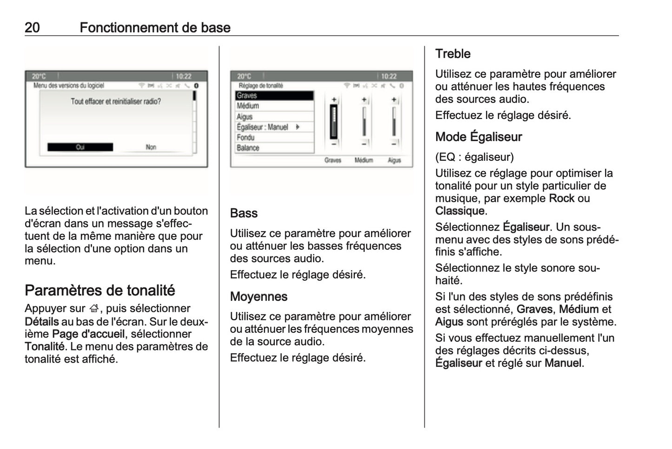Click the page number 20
coord(32,27)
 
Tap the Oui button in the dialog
coord(80,147)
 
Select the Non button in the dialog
coord(151,147)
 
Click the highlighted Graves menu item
coord(274,95)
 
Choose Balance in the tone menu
coord(274,148)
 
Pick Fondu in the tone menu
coord(274,138)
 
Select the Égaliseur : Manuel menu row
coord(274,127)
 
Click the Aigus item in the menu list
coord(274,116)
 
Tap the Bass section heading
coord(244,213)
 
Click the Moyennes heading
coord(259,297)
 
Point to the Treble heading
coord(452,54)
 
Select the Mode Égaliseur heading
coord(478,137)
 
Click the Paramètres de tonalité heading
coord(100,291)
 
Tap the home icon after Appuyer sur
coord(94,309)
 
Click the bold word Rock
coord(561,198)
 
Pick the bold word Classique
coord(459,211)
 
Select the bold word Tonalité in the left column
coord(44,347)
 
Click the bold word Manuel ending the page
coord(563,363)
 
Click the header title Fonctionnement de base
coord(155,27)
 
